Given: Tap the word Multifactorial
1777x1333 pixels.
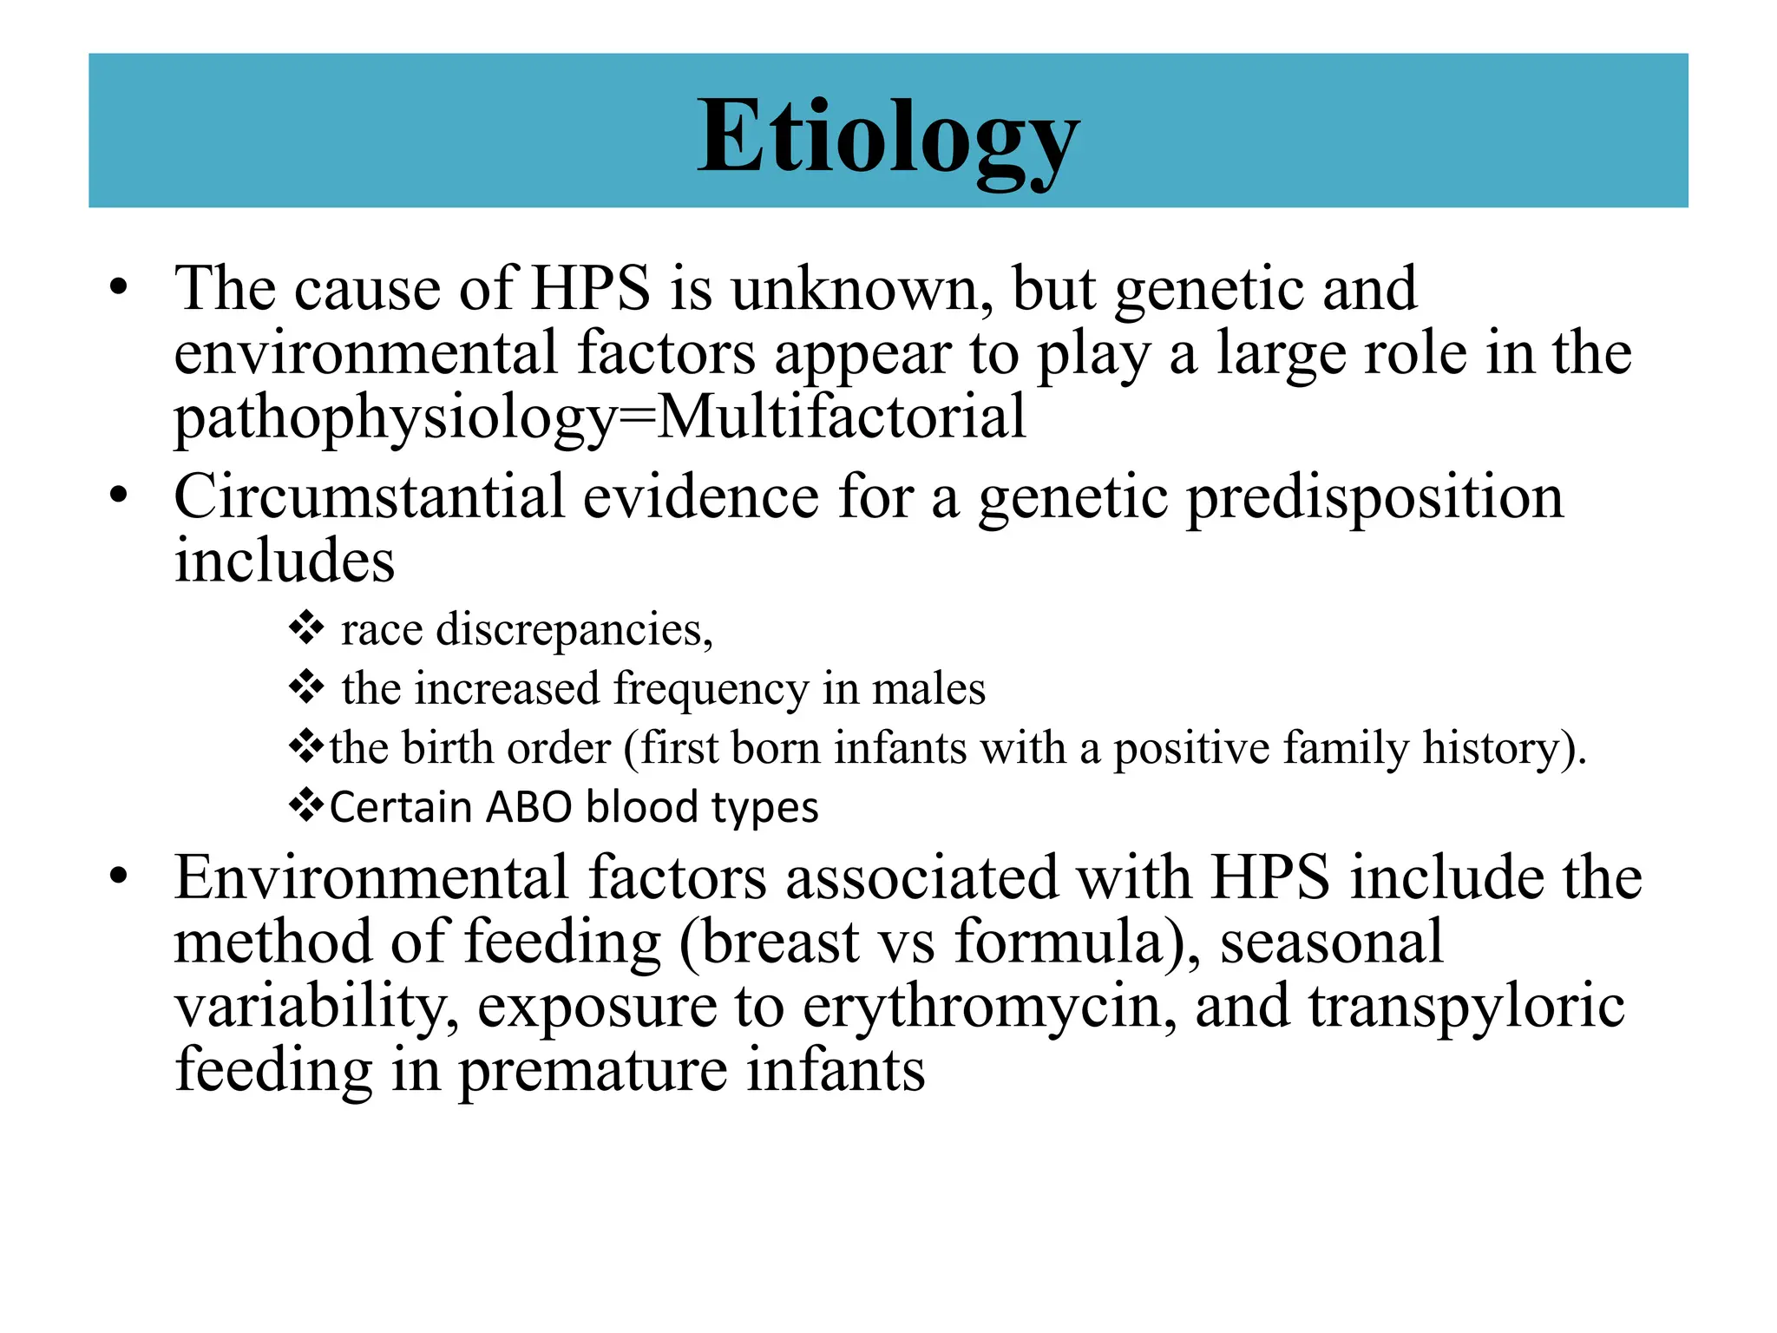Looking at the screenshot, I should tap(842, 417).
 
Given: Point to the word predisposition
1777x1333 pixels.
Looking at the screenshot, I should tap(1374, 499).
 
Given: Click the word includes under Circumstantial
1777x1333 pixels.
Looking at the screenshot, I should tap(285, 561).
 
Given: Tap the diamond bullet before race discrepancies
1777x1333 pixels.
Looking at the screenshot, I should tap(306, 627).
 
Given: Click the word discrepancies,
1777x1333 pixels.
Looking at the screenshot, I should tap(574, 630).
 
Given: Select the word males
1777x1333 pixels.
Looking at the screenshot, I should tap(928, 689).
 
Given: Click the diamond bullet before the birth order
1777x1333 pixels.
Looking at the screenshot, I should tap(306, 746).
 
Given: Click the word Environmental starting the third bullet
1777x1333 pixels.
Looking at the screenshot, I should tap(371, 878).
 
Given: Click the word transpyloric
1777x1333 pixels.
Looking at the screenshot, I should tap(1466, 1007).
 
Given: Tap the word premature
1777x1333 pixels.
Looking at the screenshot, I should tap(593, 1072).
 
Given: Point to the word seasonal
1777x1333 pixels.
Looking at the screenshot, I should tap(1331, 942).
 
